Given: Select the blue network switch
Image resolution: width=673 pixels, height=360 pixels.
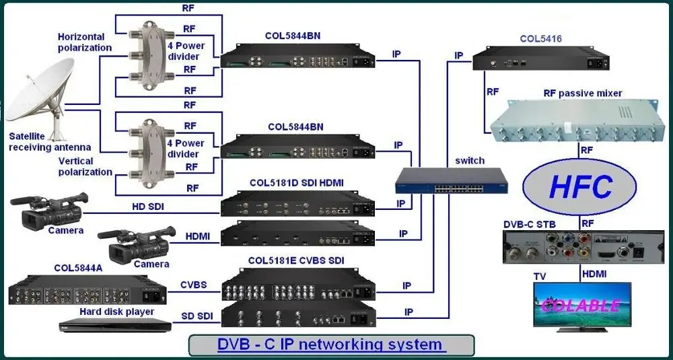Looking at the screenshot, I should [451, 181].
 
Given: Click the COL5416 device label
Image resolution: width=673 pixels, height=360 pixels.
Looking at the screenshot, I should [540, 39].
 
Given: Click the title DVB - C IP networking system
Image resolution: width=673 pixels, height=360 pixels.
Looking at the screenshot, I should [330, 345].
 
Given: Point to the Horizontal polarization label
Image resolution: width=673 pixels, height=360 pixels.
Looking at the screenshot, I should [85, 42].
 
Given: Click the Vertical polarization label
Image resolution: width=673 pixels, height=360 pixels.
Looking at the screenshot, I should [85, 166].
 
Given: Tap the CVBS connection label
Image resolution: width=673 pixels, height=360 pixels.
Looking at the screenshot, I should [193, 285].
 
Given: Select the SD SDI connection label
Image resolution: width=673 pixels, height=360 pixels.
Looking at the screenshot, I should [197, 316].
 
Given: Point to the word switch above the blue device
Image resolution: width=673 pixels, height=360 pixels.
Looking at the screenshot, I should [470, 161].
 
